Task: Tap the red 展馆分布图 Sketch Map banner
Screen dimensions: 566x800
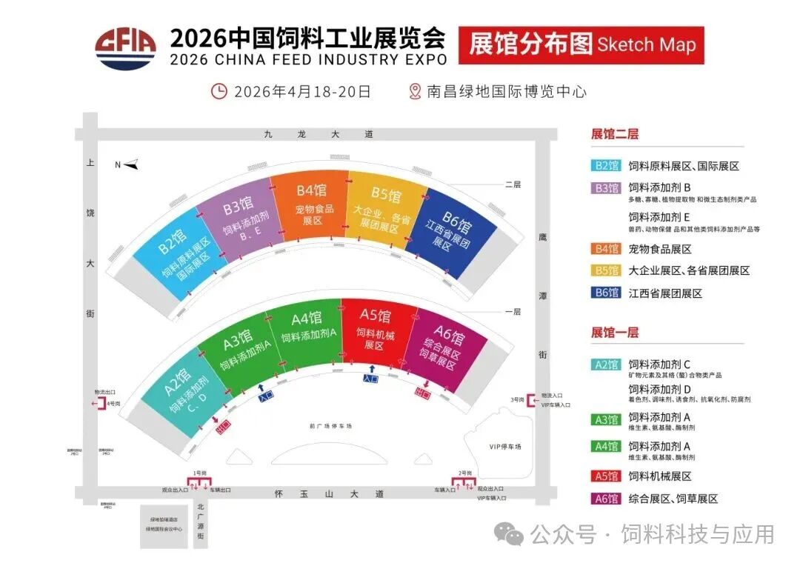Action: click(x=581, y=45)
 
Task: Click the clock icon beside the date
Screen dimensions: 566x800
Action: click(x=219, y=91)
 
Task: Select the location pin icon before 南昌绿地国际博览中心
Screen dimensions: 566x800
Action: click(x=415, y=91)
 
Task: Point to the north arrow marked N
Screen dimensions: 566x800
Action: click(x=127, y=164)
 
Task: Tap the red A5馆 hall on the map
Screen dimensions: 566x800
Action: click(x=377, y=333)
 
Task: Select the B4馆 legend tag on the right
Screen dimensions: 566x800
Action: click(x=606, y=249)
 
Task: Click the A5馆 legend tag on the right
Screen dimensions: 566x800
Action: click(x=606, y=476)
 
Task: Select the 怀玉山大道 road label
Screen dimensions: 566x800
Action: click(x=329, y=493)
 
